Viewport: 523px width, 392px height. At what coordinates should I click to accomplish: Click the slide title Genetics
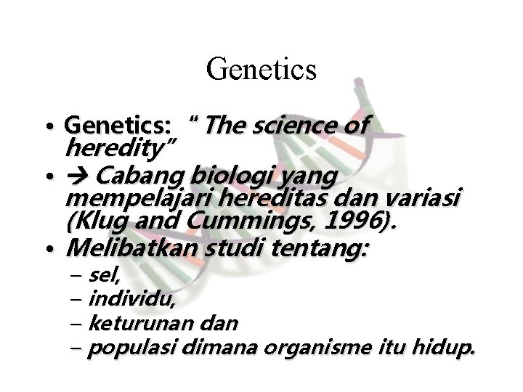click(x=261, y=70)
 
